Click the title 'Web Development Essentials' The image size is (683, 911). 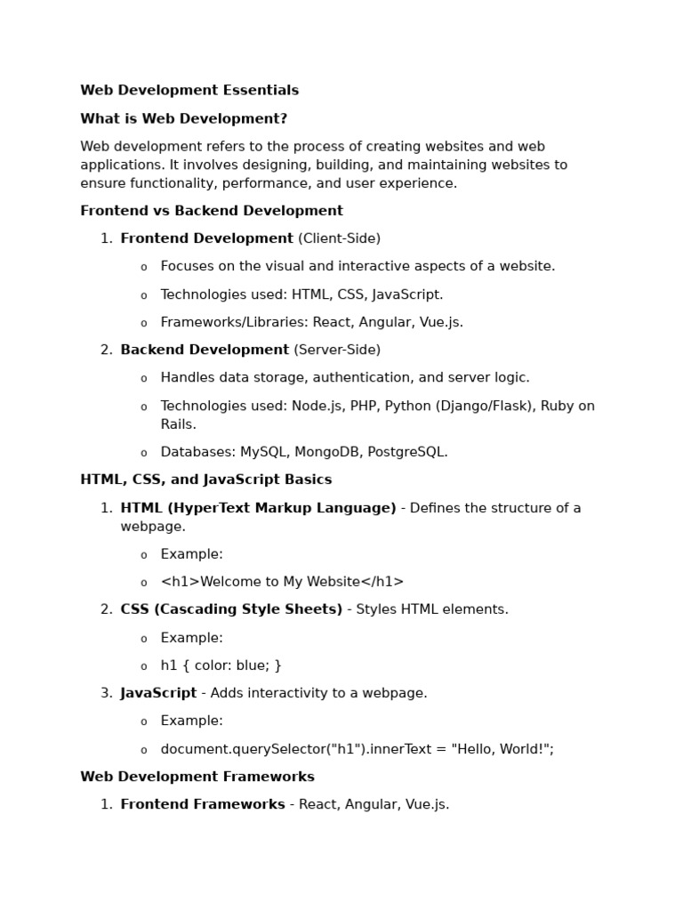(x=189, y=91)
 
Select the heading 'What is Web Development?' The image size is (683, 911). (x=183, y=119)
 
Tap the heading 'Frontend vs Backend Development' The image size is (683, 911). (x=212, y=211)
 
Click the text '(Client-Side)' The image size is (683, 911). (x=339, y=238)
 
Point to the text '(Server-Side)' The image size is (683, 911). (x=337, y=350)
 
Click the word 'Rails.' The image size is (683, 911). (x=179, y=424)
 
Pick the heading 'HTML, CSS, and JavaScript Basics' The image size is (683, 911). (x=205, y=480)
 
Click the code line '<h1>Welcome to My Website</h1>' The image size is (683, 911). (x=282, y=582)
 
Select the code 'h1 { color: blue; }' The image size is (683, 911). (x=221, y=665)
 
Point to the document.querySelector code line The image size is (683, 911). (x=357, y=749)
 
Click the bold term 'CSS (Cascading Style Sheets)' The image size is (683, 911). (x=231, y=609)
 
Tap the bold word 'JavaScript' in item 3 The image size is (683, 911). (x=158, y=693)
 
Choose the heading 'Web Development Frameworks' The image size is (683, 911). (x=197, y=777)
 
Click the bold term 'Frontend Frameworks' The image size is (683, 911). (x=203, y=804)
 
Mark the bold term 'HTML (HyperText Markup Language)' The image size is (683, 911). (x=258, y=508)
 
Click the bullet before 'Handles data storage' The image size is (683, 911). (x=144, y=379)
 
